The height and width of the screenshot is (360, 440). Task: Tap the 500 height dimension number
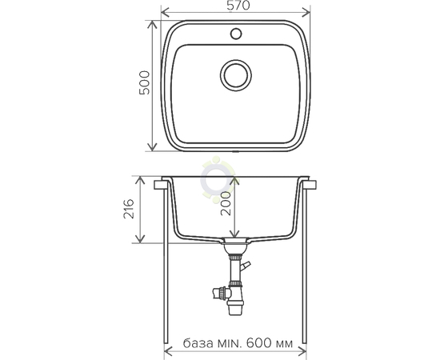click(145, 82)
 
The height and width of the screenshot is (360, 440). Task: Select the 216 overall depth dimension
click(129, 209)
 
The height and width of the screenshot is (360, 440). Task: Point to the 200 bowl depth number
click(226, 204)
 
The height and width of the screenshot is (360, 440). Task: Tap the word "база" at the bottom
click(198, 343)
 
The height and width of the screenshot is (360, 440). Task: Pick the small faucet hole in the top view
click(236, 34)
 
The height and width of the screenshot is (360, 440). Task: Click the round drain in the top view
click(236, 75)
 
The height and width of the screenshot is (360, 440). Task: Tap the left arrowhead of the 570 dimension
click(166, 13)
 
